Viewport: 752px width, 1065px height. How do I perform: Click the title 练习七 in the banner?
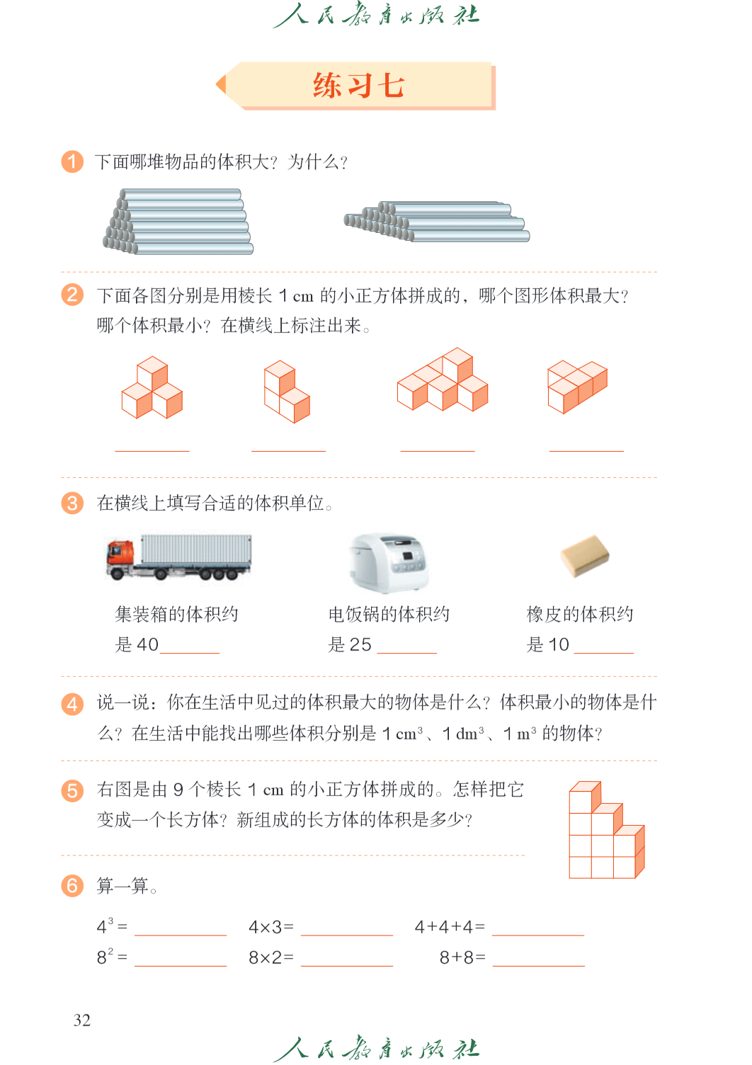point(358,86)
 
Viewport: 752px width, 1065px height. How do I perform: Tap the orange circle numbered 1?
point(72,161)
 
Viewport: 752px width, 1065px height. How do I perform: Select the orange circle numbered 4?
point(72,704)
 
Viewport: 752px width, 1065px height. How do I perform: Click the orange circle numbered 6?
point(72,886)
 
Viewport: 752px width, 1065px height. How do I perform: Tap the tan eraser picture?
point(585,555)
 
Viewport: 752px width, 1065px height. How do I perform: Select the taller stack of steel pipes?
point(178,222)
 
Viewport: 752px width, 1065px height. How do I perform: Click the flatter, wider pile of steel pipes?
point(437,222)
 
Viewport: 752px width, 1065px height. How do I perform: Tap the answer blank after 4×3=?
point(347,935)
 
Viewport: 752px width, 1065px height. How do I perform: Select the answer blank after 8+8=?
point(539,966)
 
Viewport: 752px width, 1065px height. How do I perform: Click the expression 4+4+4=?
point(450,927)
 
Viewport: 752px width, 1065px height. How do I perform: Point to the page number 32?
point(81,1020)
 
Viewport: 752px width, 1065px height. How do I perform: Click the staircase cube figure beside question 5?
point(607,830)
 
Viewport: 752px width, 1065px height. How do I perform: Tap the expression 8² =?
point(112,956)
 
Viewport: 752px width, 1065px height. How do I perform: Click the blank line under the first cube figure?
point(152,451)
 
